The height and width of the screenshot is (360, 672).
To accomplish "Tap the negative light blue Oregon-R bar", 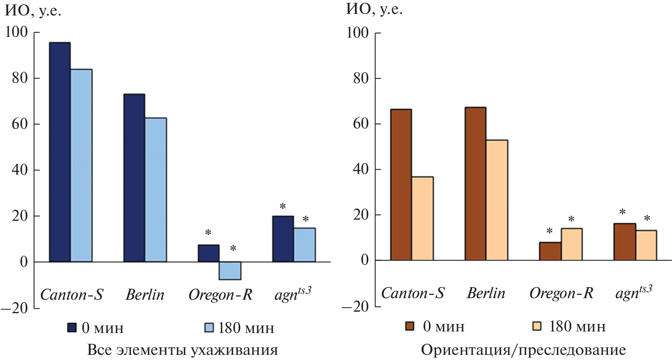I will click(230, 270).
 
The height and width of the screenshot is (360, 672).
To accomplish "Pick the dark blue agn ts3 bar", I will click(283, 239).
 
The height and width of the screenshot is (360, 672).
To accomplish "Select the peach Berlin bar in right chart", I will click(497, 200).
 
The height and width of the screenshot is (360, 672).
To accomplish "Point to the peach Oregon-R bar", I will click(571, 244).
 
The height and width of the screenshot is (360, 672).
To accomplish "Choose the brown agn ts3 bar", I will click(624, 242).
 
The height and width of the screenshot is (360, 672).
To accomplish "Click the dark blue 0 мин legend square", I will click(72, 327).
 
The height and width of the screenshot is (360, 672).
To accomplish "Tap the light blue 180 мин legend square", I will click(209, 327).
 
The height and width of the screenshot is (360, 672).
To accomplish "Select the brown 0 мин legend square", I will click(410, 326).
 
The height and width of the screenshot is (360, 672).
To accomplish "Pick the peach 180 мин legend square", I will click(537, 326).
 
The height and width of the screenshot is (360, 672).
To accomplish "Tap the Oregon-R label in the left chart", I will click(220, 295).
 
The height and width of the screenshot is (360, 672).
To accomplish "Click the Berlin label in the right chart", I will click(486, 293).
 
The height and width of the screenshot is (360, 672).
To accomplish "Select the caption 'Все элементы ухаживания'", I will click(182, 350).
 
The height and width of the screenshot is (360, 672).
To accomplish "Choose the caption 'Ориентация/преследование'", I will click(523, 350).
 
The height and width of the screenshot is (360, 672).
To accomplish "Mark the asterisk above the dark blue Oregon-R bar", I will click(208, 233).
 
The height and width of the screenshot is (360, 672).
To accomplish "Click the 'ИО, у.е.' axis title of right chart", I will click(374, 9).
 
